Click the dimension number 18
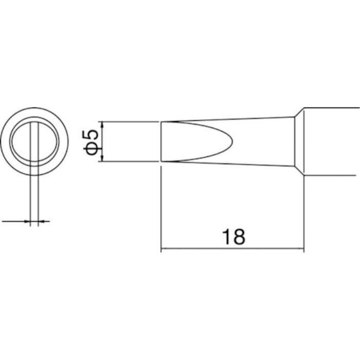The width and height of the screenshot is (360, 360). point(233,237)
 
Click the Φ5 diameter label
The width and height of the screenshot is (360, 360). point(91,142)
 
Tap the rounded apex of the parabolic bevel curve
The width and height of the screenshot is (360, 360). point(232,141)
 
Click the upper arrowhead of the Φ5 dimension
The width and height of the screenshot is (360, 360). point(102,125)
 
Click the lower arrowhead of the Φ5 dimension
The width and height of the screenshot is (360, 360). point(102,158)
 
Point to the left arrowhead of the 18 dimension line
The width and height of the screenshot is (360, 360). point(165,248)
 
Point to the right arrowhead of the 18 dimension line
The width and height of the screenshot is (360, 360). point(300,248)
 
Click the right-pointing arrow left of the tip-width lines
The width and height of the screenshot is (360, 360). point(16,221)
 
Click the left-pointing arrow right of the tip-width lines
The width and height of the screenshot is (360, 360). point(44,221)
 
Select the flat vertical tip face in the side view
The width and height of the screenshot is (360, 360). point(161,141)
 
